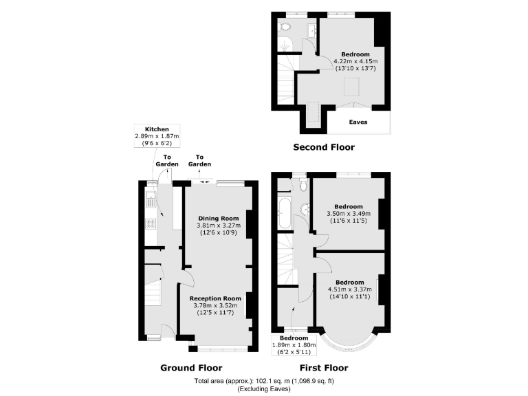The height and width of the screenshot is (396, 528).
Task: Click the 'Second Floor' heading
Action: (x=324, y=147)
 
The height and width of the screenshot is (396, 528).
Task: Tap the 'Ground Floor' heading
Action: (x=191, y=368)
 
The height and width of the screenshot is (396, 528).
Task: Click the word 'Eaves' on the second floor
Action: (x=357, y=122)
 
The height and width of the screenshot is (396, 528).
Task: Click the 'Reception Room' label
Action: (x=218, y=298)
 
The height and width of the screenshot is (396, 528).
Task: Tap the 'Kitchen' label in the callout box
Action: (x=156, y=129)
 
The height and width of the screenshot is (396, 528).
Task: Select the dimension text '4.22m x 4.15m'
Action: (x=355, y=61)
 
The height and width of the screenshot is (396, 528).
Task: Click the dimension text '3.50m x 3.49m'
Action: (x=349, y=213)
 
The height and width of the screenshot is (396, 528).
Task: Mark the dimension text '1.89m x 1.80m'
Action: (x=293, y=344)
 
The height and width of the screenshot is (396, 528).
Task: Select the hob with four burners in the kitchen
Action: (x=149, y=224)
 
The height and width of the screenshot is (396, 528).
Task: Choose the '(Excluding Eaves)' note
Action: (x=264, y=389)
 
